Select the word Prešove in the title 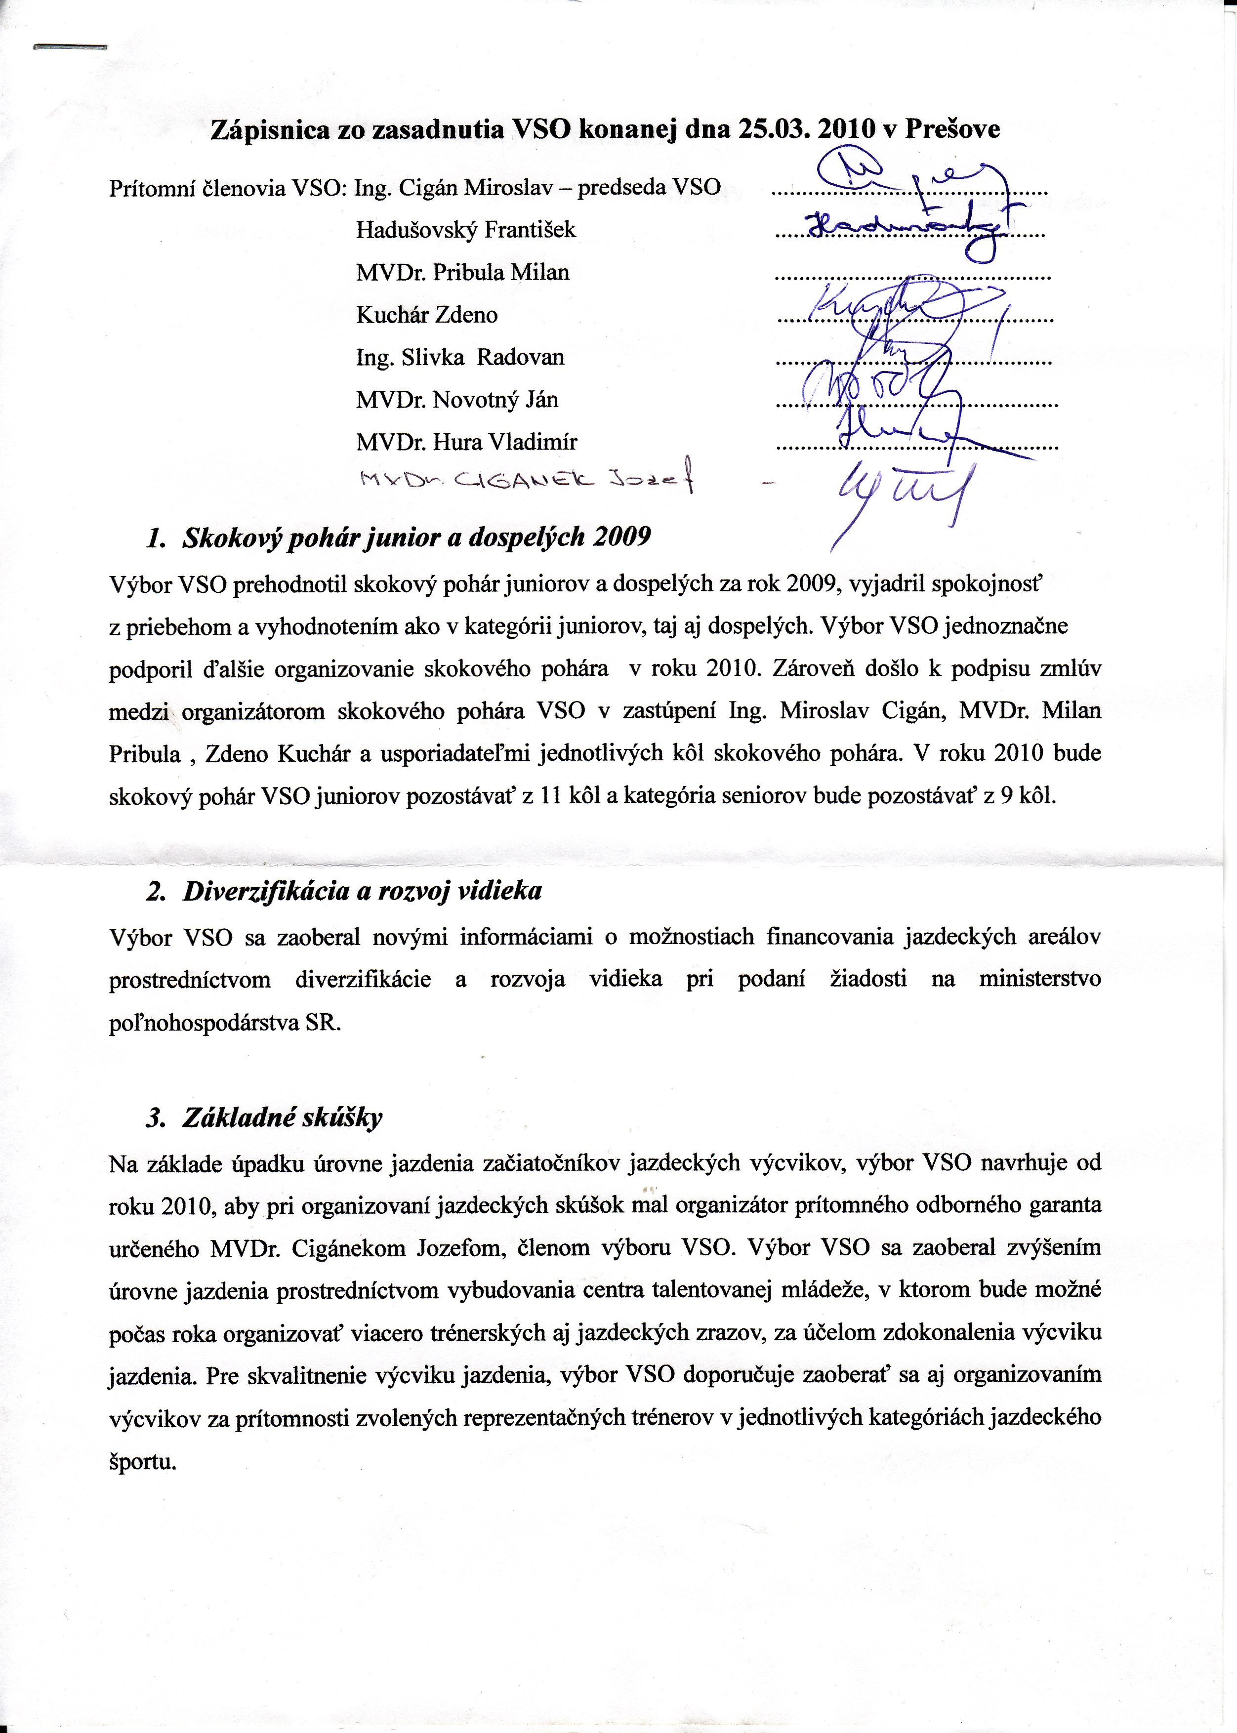952,129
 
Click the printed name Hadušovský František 465,230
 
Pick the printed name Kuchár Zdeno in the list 426,315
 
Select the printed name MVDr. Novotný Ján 457,400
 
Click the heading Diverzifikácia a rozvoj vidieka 362,891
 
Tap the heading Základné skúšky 282,1117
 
